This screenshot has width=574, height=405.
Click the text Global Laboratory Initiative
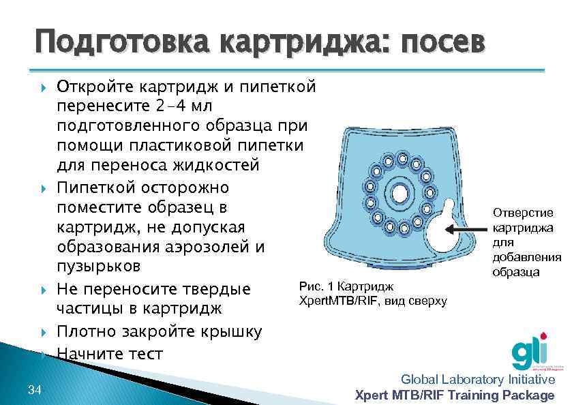478,380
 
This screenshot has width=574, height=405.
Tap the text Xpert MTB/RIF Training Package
455,395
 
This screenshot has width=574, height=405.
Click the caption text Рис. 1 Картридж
346,288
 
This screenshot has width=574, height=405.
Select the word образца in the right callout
527,272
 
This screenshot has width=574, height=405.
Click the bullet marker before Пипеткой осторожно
44,187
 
